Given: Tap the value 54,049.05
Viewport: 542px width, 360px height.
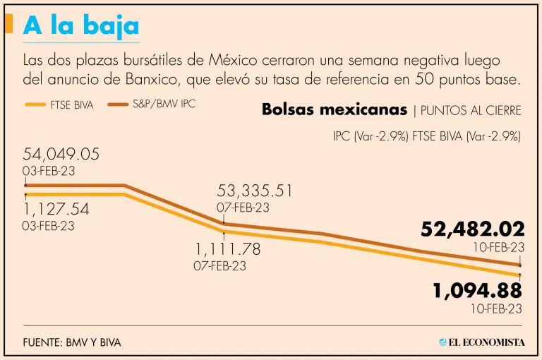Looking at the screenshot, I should [61, 155].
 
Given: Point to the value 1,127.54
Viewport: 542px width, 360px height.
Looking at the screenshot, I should [56, 210].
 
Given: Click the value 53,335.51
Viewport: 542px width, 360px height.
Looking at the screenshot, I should [254, 191].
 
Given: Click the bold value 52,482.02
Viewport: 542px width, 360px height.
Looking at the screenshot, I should [473, 229].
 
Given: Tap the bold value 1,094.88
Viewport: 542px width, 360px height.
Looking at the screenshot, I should [477, 290].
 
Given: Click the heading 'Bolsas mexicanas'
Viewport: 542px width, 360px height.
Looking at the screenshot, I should [334, 110].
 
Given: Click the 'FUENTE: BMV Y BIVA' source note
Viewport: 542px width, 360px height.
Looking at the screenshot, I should [72, 342].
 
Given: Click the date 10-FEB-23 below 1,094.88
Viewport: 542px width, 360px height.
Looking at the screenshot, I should [496, 308].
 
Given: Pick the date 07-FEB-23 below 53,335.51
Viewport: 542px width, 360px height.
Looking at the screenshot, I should [243, 208].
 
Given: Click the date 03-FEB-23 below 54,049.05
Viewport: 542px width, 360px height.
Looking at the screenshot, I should [49, 172].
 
